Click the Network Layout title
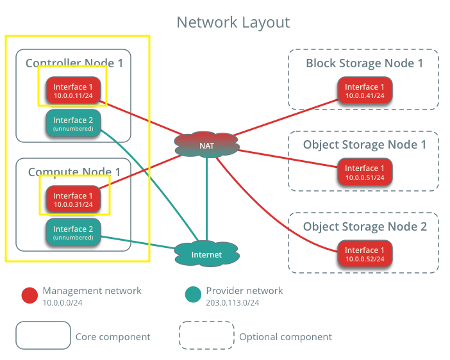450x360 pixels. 233,22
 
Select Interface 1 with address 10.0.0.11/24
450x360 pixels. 73,90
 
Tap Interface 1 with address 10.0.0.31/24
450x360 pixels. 73,199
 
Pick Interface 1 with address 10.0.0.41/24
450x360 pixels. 365,90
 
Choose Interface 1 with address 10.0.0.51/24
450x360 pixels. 365,172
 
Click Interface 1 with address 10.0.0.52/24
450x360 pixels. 365,254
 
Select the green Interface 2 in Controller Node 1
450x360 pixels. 73,124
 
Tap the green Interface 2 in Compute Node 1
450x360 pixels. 73,233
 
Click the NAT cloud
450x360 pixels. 206,145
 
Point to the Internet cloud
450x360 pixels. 206,254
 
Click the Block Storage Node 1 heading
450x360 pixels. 364,63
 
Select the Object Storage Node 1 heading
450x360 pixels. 364,145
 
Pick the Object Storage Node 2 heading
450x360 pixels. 364,227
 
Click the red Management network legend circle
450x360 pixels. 29,295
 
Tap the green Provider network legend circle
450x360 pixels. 192,295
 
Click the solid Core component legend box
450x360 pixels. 43,336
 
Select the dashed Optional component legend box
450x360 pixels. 206,336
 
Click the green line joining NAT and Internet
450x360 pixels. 206,199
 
